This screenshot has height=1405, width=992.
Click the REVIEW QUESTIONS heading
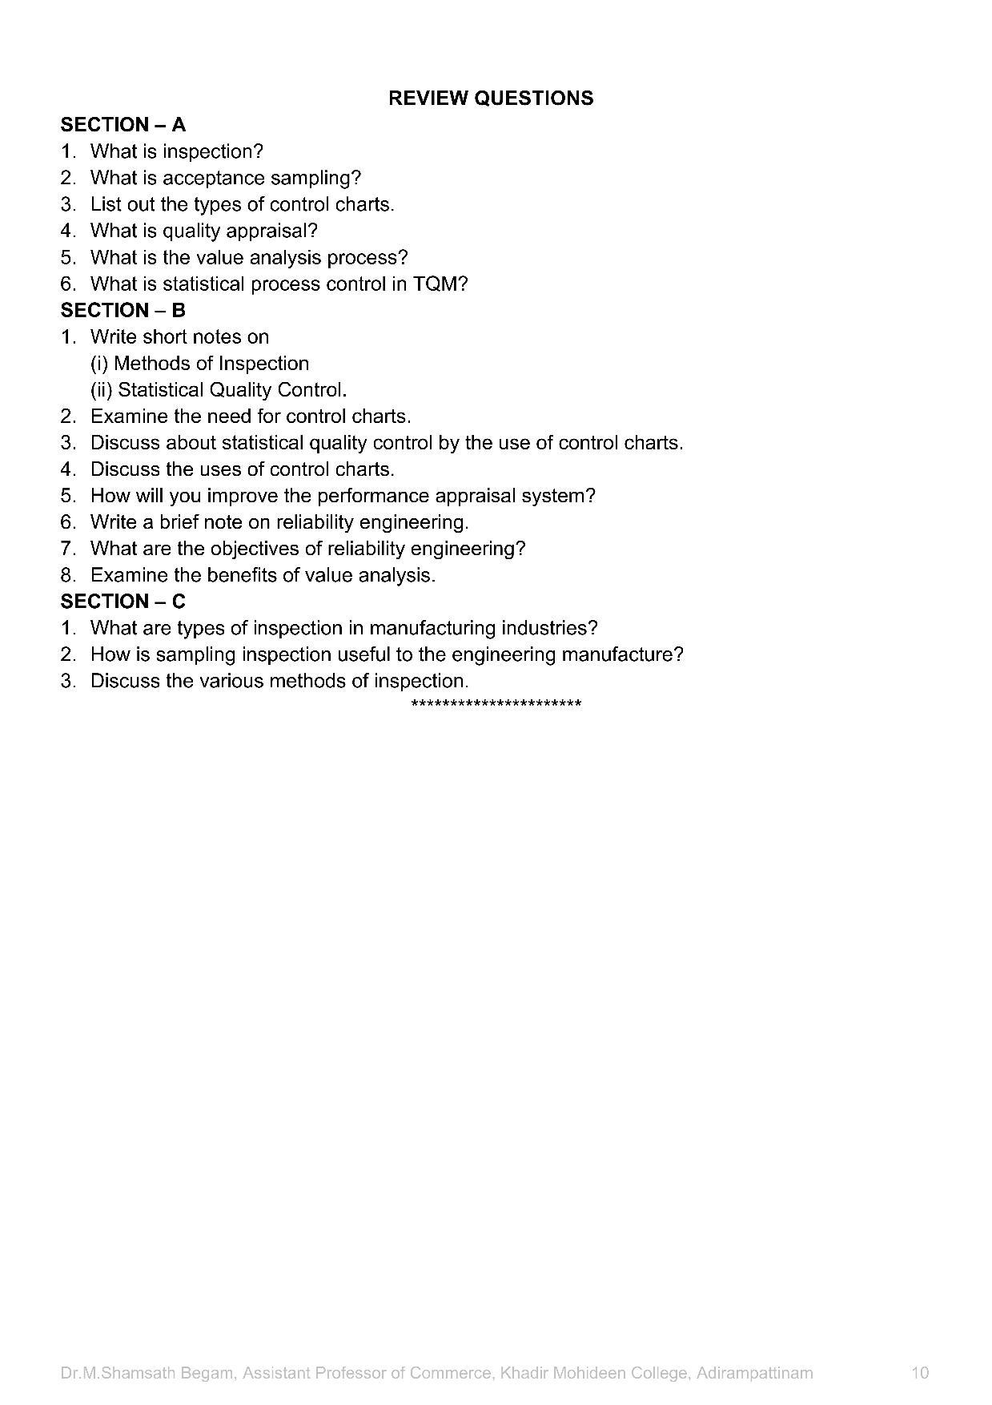click(491, 99)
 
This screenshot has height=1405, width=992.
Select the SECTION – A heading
click(122, 125)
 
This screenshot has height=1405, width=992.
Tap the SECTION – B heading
click(122, 311)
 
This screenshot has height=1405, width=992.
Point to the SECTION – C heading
click(122, 602)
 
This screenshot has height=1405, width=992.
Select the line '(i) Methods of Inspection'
click(199, 364)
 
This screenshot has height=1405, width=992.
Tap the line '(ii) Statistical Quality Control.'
click(218, 390)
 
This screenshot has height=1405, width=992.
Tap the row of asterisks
click(496, 704)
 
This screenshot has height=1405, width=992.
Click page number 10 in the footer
click(920, 1373)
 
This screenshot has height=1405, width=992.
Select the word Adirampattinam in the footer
click(754, 1373)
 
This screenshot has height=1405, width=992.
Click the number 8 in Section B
click(67, 575)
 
